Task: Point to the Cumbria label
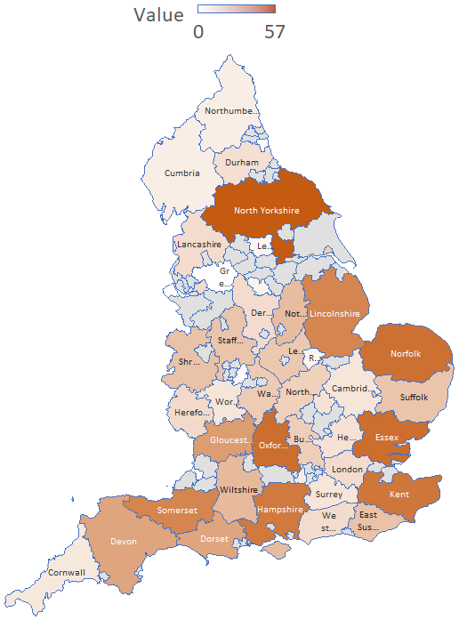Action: (181, 173)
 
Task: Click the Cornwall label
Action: (67, 572)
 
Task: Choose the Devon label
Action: (124, 541)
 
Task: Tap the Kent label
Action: (399, 495)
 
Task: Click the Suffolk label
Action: (415, 397)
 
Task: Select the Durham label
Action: (242, 163)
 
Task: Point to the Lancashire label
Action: (199, 244)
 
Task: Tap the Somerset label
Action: (178, 511)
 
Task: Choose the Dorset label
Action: (214, 539)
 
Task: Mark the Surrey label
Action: (328, 495)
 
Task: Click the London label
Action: (348, 469)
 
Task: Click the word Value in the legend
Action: (159, 14)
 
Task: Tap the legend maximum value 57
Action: (275, 32)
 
